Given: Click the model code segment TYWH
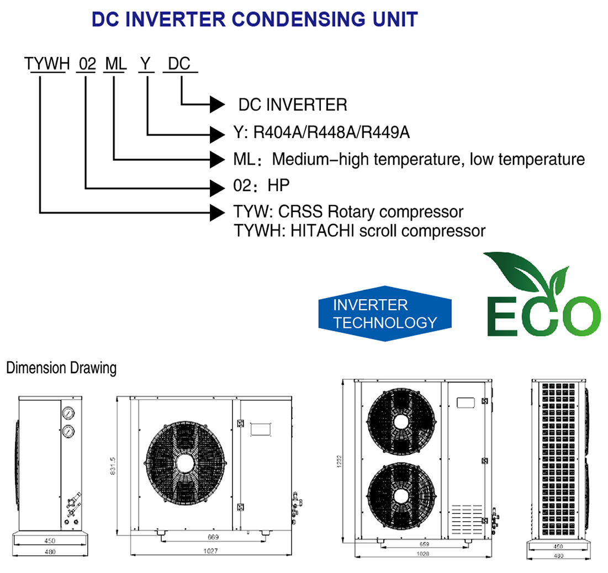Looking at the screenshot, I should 46,64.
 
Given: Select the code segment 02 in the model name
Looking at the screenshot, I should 87,64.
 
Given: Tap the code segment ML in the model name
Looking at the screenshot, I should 115,64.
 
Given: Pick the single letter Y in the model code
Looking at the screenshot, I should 145,64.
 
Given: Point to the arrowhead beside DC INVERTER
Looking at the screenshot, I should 217,104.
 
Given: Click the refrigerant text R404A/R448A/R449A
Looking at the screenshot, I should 331,132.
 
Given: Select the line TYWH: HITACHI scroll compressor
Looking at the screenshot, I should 359,230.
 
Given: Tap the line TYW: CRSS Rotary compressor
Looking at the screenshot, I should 348,211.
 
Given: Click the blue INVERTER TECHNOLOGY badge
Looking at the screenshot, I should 385,313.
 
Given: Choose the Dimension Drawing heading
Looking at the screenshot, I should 61,368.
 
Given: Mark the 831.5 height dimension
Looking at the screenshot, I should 112,464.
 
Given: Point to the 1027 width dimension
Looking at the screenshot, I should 210,551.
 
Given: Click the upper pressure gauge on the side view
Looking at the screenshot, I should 68,412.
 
